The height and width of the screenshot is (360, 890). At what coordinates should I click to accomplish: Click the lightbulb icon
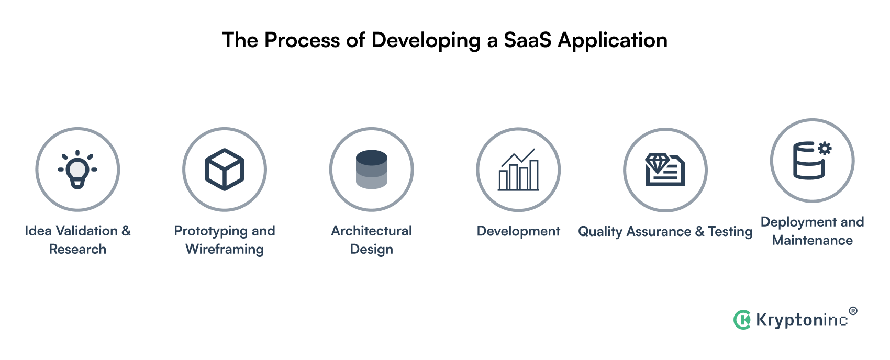(x=77, y=170)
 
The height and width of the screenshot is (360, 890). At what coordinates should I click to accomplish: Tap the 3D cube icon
(x=225, y=170)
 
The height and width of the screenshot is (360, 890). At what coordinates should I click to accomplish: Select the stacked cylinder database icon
(x=372, y=170)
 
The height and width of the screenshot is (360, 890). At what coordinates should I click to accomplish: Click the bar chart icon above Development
(x=518, y=170)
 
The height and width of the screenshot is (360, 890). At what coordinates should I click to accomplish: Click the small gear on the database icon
(x=825, y=149)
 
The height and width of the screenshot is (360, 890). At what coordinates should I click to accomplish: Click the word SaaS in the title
(x=527, y=40)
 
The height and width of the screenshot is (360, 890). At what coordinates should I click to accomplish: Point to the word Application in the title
(x=613, y=40)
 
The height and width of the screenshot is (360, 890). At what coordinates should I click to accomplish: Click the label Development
(x=518, y=231)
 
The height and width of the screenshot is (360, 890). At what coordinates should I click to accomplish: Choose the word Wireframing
(x=225, y=249)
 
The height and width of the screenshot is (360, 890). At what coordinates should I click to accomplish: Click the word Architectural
(x=372, y=231)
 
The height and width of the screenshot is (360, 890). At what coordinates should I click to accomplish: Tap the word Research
(x=77, y=249)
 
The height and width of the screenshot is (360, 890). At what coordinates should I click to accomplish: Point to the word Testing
(x=730, y=231)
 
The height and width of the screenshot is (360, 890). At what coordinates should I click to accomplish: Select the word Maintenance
(x=813, y=240)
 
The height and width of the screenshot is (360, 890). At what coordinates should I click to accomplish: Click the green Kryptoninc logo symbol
(x=742, y=319)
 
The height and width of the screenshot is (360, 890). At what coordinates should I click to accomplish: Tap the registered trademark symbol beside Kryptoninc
(x=853, y=311)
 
